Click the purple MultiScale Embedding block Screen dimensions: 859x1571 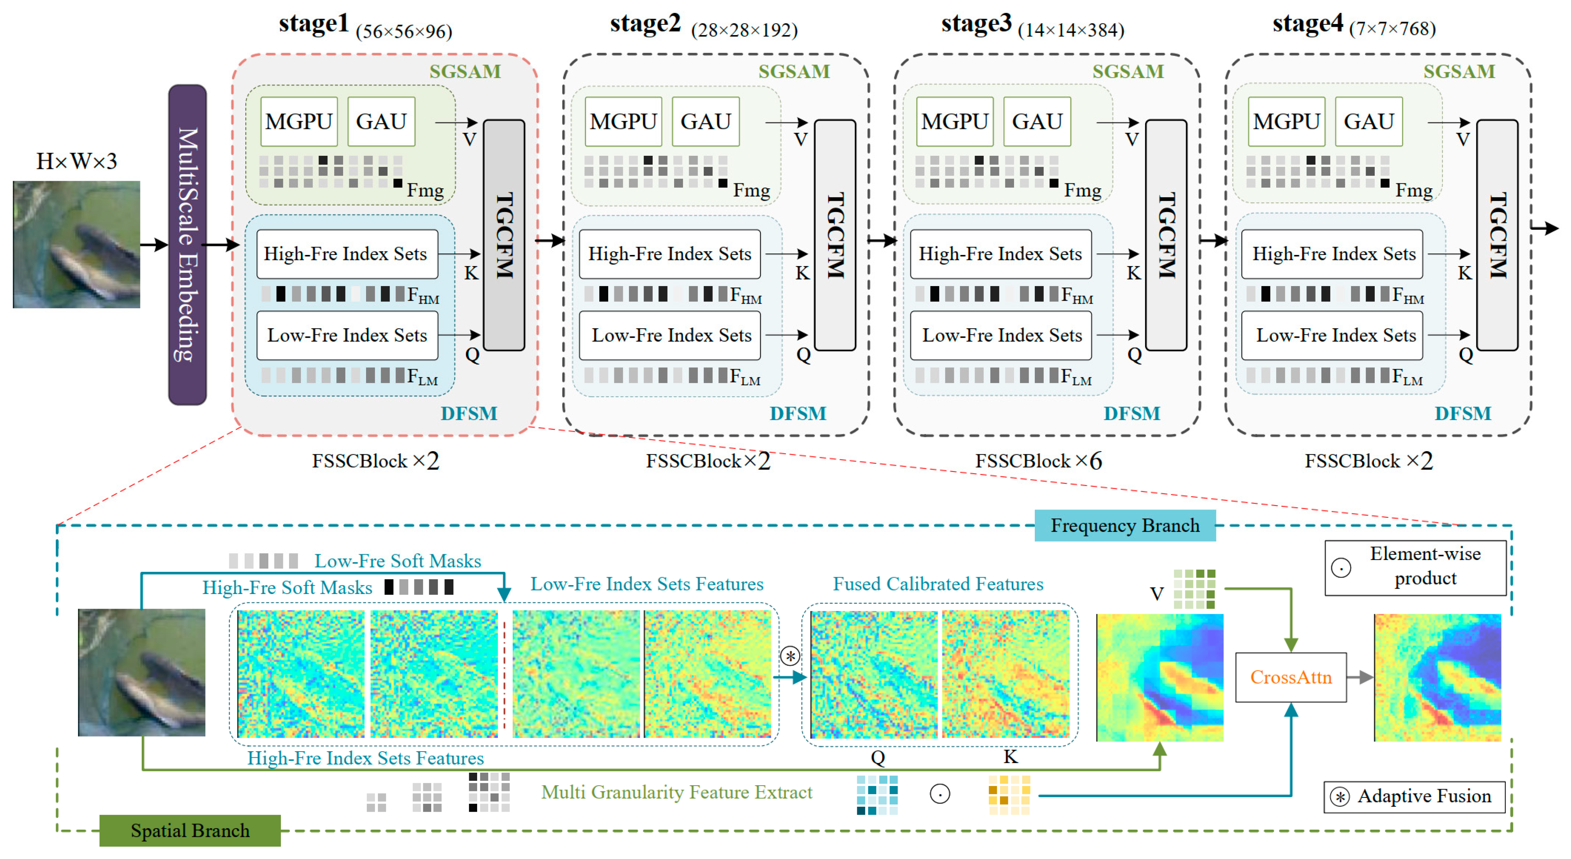pos(187,245)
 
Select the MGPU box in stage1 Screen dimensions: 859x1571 pos(299,121)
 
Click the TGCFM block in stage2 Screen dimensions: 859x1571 pos(835,235)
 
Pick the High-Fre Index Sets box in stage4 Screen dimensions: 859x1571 pos(1332,254)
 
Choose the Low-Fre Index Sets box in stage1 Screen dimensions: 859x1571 pos(347,335)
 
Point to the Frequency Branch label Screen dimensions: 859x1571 pos(1125,526)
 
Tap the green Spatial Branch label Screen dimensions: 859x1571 pos(190,830)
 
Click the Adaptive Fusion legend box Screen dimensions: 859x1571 pos(1414,796)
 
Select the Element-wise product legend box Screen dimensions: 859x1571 pos(1415,566)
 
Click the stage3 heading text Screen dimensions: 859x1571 pos(976,24)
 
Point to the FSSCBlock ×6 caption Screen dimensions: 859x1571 pos(1038,461)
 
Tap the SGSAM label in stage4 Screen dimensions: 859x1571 pos(1459,71)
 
